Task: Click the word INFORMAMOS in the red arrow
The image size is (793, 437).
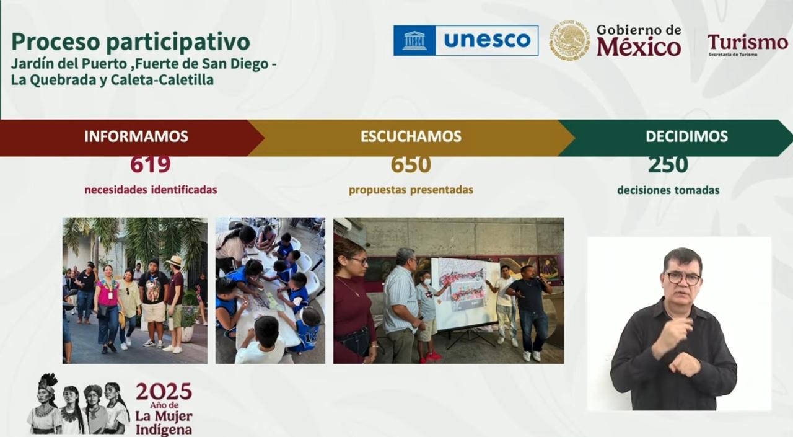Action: (136, 136)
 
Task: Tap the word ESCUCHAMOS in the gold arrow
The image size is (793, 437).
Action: (411, 136)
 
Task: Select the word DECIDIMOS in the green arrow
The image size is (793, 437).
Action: (686, 136)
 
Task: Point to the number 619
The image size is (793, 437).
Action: (150, 164)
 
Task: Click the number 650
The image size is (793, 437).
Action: (411, 164)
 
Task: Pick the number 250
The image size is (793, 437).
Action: (668, 164)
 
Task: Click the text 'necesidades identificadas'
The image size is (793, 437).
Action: (151, 190)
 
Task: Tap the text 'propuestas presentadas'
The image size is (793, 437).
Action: (411, 190)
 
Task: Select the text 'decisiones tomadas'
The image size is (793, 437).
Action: (668, 190)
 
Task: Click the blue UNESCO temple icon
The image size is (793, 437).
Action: (414, 40)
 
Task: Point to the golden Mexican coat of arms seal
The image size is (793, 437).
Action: (569, 40)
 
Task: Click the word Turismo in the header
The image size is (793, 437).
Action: (748, 43)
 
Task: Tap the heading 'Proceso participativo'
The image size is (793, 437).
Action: (131, 42)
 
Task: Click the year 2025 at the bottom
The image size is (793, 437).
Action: (164, 391)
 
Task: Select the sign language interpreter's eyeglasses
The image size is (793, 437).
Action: (683, 278)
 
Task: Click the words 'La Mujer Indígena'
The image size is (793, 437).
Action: (164, 423)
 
